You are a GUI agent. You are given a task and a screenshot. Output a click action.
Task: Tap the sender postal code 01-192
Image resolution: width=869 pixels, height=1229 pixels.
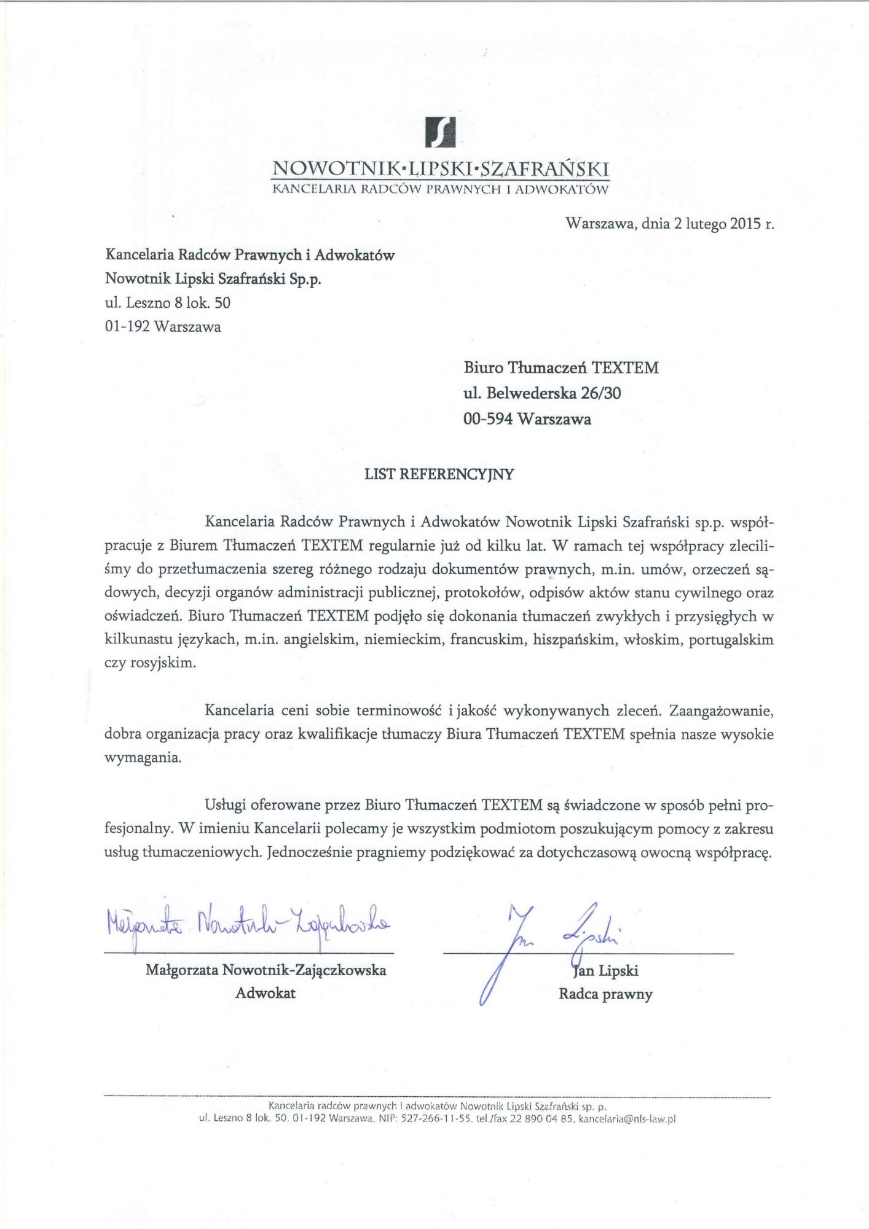tap(127, 326)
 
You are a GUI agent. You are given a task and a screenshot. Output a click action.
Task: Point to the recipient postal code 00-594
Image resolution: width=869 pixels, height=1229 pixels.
tap(488, 419)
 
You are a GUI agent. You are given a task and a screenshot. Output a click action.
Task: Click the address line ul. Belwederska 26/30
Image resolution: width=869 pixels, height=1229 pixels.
tap(542, 393)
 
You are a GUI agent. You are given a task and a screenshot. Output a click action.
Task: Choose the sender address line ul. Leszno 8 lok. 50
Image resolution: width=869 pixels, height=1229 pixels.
tap(168, 302)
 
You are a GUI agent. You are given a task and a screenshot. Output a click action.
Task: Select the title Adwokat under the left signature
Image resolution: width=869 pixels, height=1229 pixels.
tap(265, 994)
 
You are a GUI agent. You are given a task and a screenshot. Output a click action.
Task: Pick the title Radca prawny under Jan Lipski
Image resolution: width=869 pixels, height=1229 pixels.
tap(605, 994)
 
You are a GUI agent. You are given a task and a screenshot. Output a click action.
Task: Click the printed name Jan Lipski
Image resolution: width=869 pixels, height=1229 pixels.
tap(607, 971)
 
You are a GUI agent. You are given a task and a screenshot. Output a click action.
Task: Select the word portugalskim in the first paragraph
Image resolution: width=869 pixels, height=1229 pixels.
tap(731, 640)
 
